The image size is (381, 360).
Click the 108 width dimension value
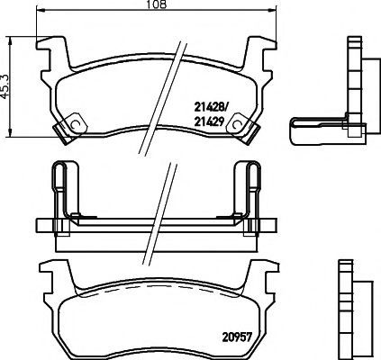tap(157, 4)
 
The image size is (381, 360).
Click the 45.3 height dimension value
tap(5, 86)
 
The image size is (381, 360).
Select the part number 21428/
tap(212, 106)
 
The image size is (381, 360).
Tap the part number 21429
tap(210, 121)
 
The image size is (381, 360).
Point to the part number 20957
tap(237, 337)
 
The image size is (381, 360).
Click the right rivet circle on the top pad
tap(237, 124)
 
